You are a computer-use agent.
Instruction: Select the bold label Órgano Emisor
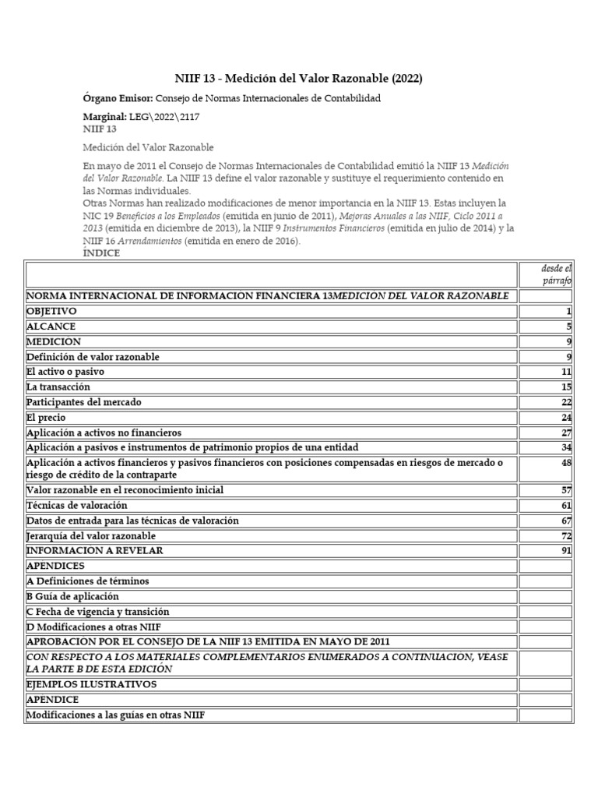pyautogui.click(x=117, y=99)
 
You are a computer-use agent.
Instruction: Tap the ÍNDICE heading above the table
pyautogui.click(x=101, y=252)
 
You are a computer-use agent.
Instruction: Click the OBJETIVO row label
pyautogui.click(x=51, y=311)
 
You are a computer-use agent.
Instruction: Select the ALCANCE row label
pyautogui.click(x=50, y=327)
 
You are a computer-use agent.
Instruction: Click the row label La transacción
pyautogui.click(x=58, y=387)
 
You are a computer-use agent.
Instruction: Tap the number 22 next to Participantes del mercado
pyautogui.click(x=566, y=402)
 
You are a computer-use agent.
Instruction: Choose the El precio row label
pyautogui.click(x=46, y=417)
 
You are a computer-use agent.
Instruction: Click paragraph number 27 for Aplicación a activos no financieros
pyautogui.click(x=566, y=433)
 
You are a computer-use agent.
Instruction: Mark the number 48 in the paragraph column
pyautogui.click(x=566, y=463)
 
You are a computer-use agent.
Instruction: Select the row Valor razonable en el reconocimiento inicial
pyautogui.click(x=125, y=490)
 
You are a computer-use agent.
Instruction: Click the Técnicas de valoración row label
pyautogui.click(x=76, y=505)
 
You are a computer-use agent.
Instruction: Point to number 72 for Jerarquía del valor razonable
pyautogui.click(x=566, y=535)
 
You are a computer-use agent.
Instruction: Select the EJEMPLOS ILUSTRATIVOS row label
pyautogui.click(x=91, y=683)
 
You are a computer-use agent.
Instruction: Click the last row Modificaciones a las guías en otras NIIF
pyautogui.click(x=115, y=715)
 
